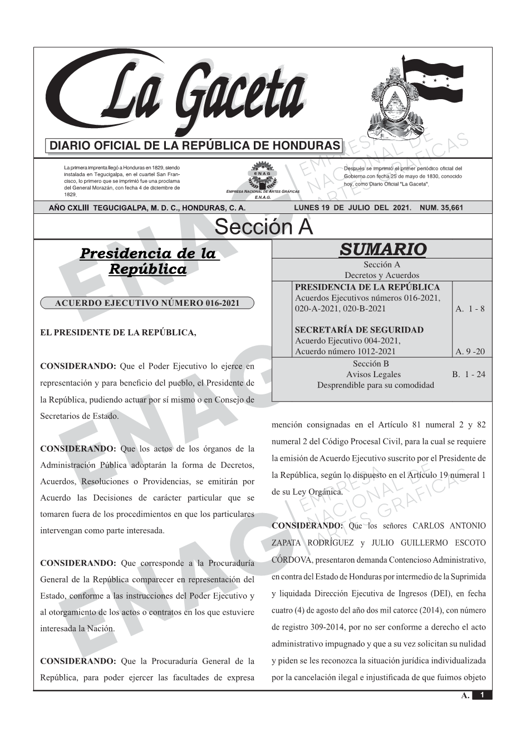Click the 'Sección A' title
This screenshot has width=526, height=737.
(263, 227)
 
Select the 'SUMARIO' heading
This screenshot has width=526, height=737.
(382, 249)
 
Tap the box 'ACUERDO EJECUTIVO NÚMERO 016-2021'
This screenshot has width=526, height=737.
(147, 303)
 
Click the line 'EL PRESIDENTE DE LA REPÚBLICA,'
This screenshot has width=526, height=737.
(119, 333)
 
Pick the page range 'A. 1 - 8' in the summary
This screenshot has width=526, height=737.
(470, 309)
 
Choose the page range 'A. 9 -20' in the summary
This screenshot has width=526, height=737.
(470, 352)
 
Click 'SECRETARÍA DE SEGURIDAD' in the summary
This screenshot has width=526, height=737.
(359, 330)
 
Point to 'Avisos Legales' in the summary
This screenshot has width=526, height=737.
(373, 374)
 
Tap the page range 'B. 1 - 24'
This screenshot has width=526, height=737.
(469, 374)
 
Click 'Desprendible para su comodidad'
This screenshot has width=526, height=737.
(376, 385)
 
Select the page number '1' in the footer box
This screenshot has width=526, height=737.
(482, 695)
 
